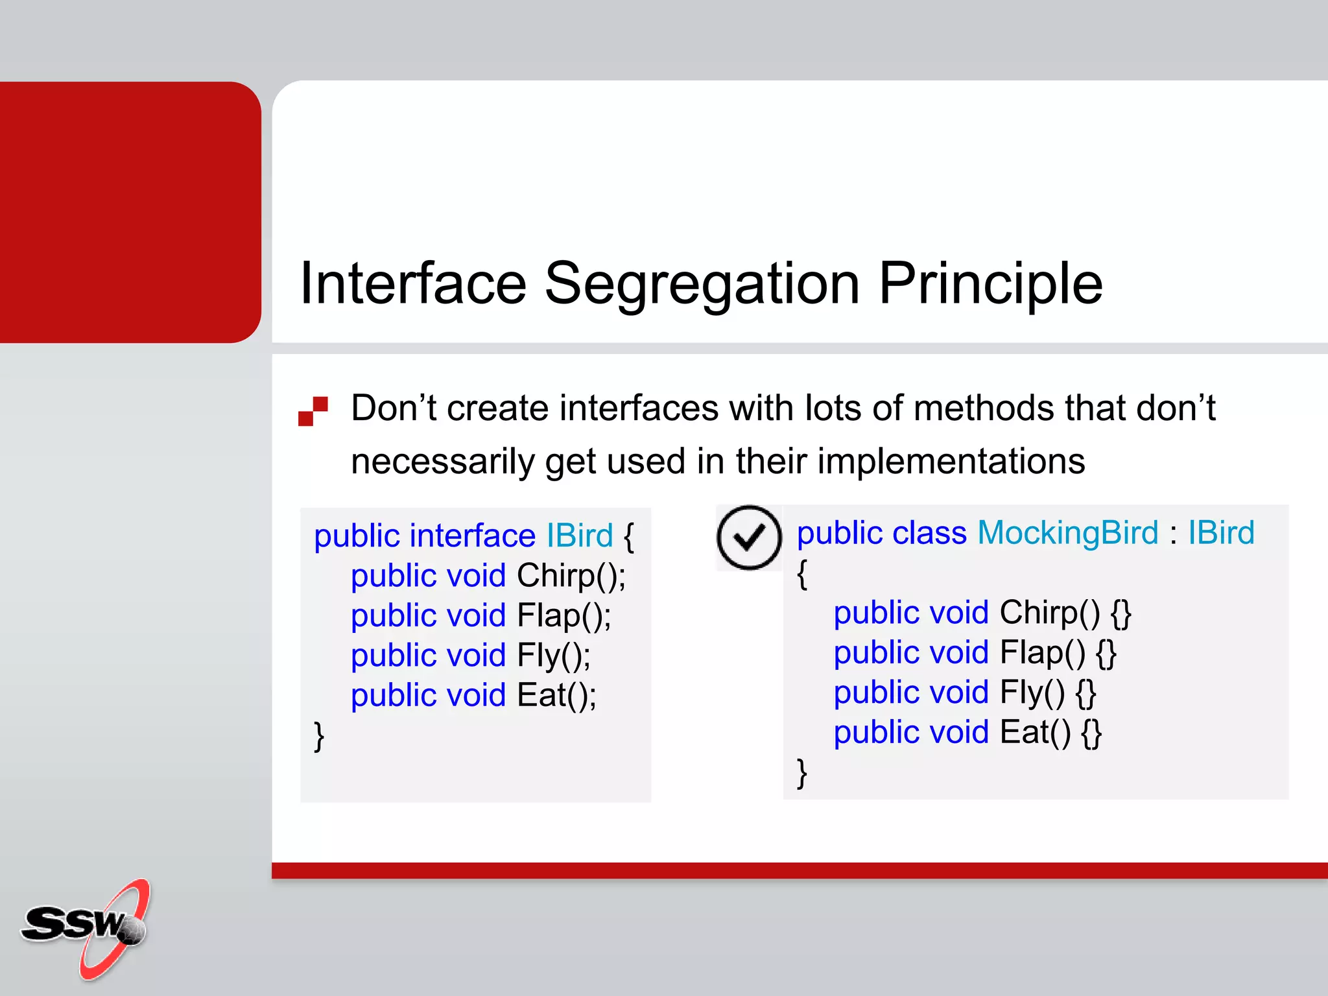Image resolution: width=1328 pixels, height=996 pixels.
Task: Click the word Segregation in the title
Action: pos(702,284)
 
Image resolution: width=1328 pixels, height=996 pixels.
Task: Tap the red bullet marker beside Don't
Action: pos(313,411)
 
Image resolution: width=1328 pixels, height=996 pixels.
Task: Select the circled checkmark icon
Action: pos(749,538)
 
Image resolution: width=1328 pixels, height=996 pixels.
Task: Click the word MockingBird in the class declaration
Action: pos(1067,533)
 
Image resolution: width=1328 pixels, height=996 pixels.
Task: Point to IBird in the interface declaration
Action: pos(579,536)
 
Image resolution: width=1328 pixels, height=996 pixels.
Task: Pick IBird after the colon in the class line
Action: pos(1221,533)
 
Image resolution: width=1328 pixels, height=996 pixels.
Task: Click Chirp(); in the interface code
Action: pos(571,576)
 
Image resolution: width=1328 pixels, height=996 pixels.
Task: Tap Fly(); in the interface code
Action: pos(554,656)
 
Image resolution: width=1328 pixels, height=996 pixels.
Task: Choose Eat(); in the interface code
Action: pos(556,695)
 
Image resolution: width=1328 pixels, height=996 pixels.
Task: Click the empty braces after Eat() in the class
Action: pos(1091,733)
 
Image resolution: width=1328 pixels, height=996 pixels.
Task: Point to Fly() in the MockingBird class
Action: pos(1032,693)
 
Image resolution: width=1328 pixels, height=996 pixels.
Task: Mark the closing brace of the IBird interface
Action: pos(319,736)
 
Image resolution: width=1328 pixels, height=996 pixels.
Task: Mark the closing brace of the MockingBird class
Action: pos(802,773)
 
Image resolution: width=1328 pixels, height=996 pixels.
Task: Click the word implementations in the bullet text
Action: pos(951,462)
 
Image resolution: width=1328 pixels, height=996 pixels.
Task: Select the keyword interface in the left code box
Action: pos(472,536)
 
